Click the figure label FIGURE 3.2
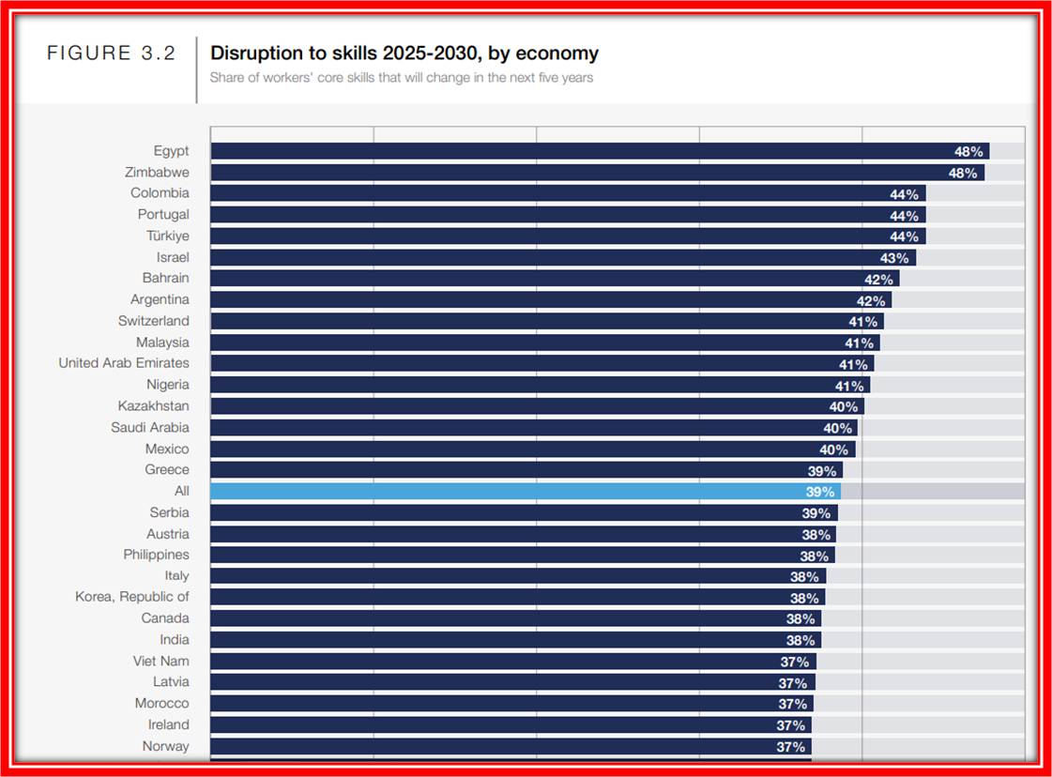coord(111,53)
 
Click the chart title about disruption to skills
coord(404,53)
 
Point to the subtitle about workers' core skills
coord(401,78)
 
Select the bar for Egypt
coord(582,151)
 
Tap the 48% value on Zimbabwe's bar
coord(962,173)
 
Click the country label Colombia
coord(160,193)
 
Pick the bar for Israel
coord(544,257)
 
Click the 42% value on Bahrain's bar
coord(878,279)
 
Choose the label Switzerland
coord(153,321)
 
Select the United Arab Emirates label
coord(123,363)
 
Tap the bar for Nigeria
coord(526,385)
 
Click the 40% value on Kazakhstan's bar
coord(843,406)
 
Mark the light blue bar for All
coord(507,491)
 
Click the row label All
coord(181,491)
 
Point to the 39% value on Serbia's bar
coord(816,513)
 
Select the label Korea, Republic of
coord(131,597)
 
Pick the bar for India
coord(497,640)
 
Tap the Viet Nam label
coord(160,661)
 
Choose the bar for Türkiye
coord(554,236)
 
